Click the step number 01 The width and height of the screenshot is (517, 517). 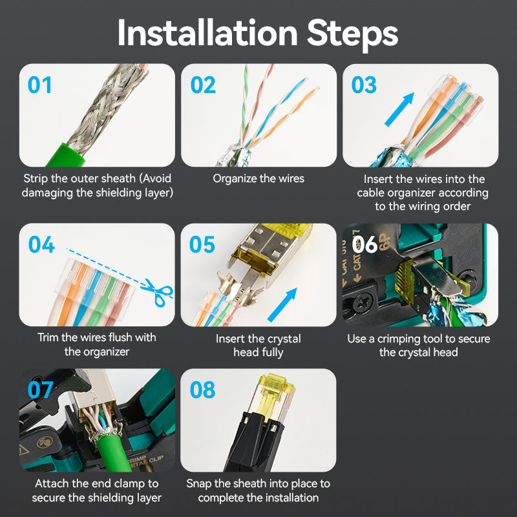click(39, 85)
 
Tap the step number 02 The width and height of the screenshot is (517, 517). click(203, 85)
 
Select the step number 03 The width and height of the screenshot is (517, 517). click(364, 85)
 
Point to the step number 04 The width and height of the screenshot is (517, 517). click(41, 244)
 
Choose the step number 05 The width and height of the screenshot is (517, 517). click(202, 244)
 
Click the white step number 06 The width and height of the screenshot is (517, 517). click(364, 244)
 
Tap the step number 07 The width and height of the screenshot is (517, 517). click(40, 390)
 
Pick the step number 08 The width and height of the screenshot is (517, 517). click(203, 390)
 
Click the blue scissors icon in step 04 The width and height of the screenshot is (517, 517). click(158, 292)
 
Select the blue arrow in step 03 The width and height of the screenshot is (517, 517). click(399, 109)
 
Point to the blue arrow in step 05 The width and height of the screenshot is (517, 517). click(282, 304)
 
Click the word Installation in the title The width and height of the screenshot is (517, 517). click(207, 34)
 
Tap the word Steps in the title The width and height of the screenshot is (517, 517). click(352, 35)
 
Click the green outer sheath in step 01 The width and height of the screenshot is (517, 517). click(66, 155)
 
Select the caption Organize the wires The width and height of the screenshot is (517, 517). click(258, 178)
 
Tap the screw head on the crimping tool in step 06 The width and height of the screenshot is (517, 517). click(363, 301)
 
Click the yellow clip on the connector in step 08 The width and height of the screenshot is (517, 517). click(277, 393)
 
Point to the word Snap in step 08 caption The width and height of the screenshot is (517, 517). click(199, 484)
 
